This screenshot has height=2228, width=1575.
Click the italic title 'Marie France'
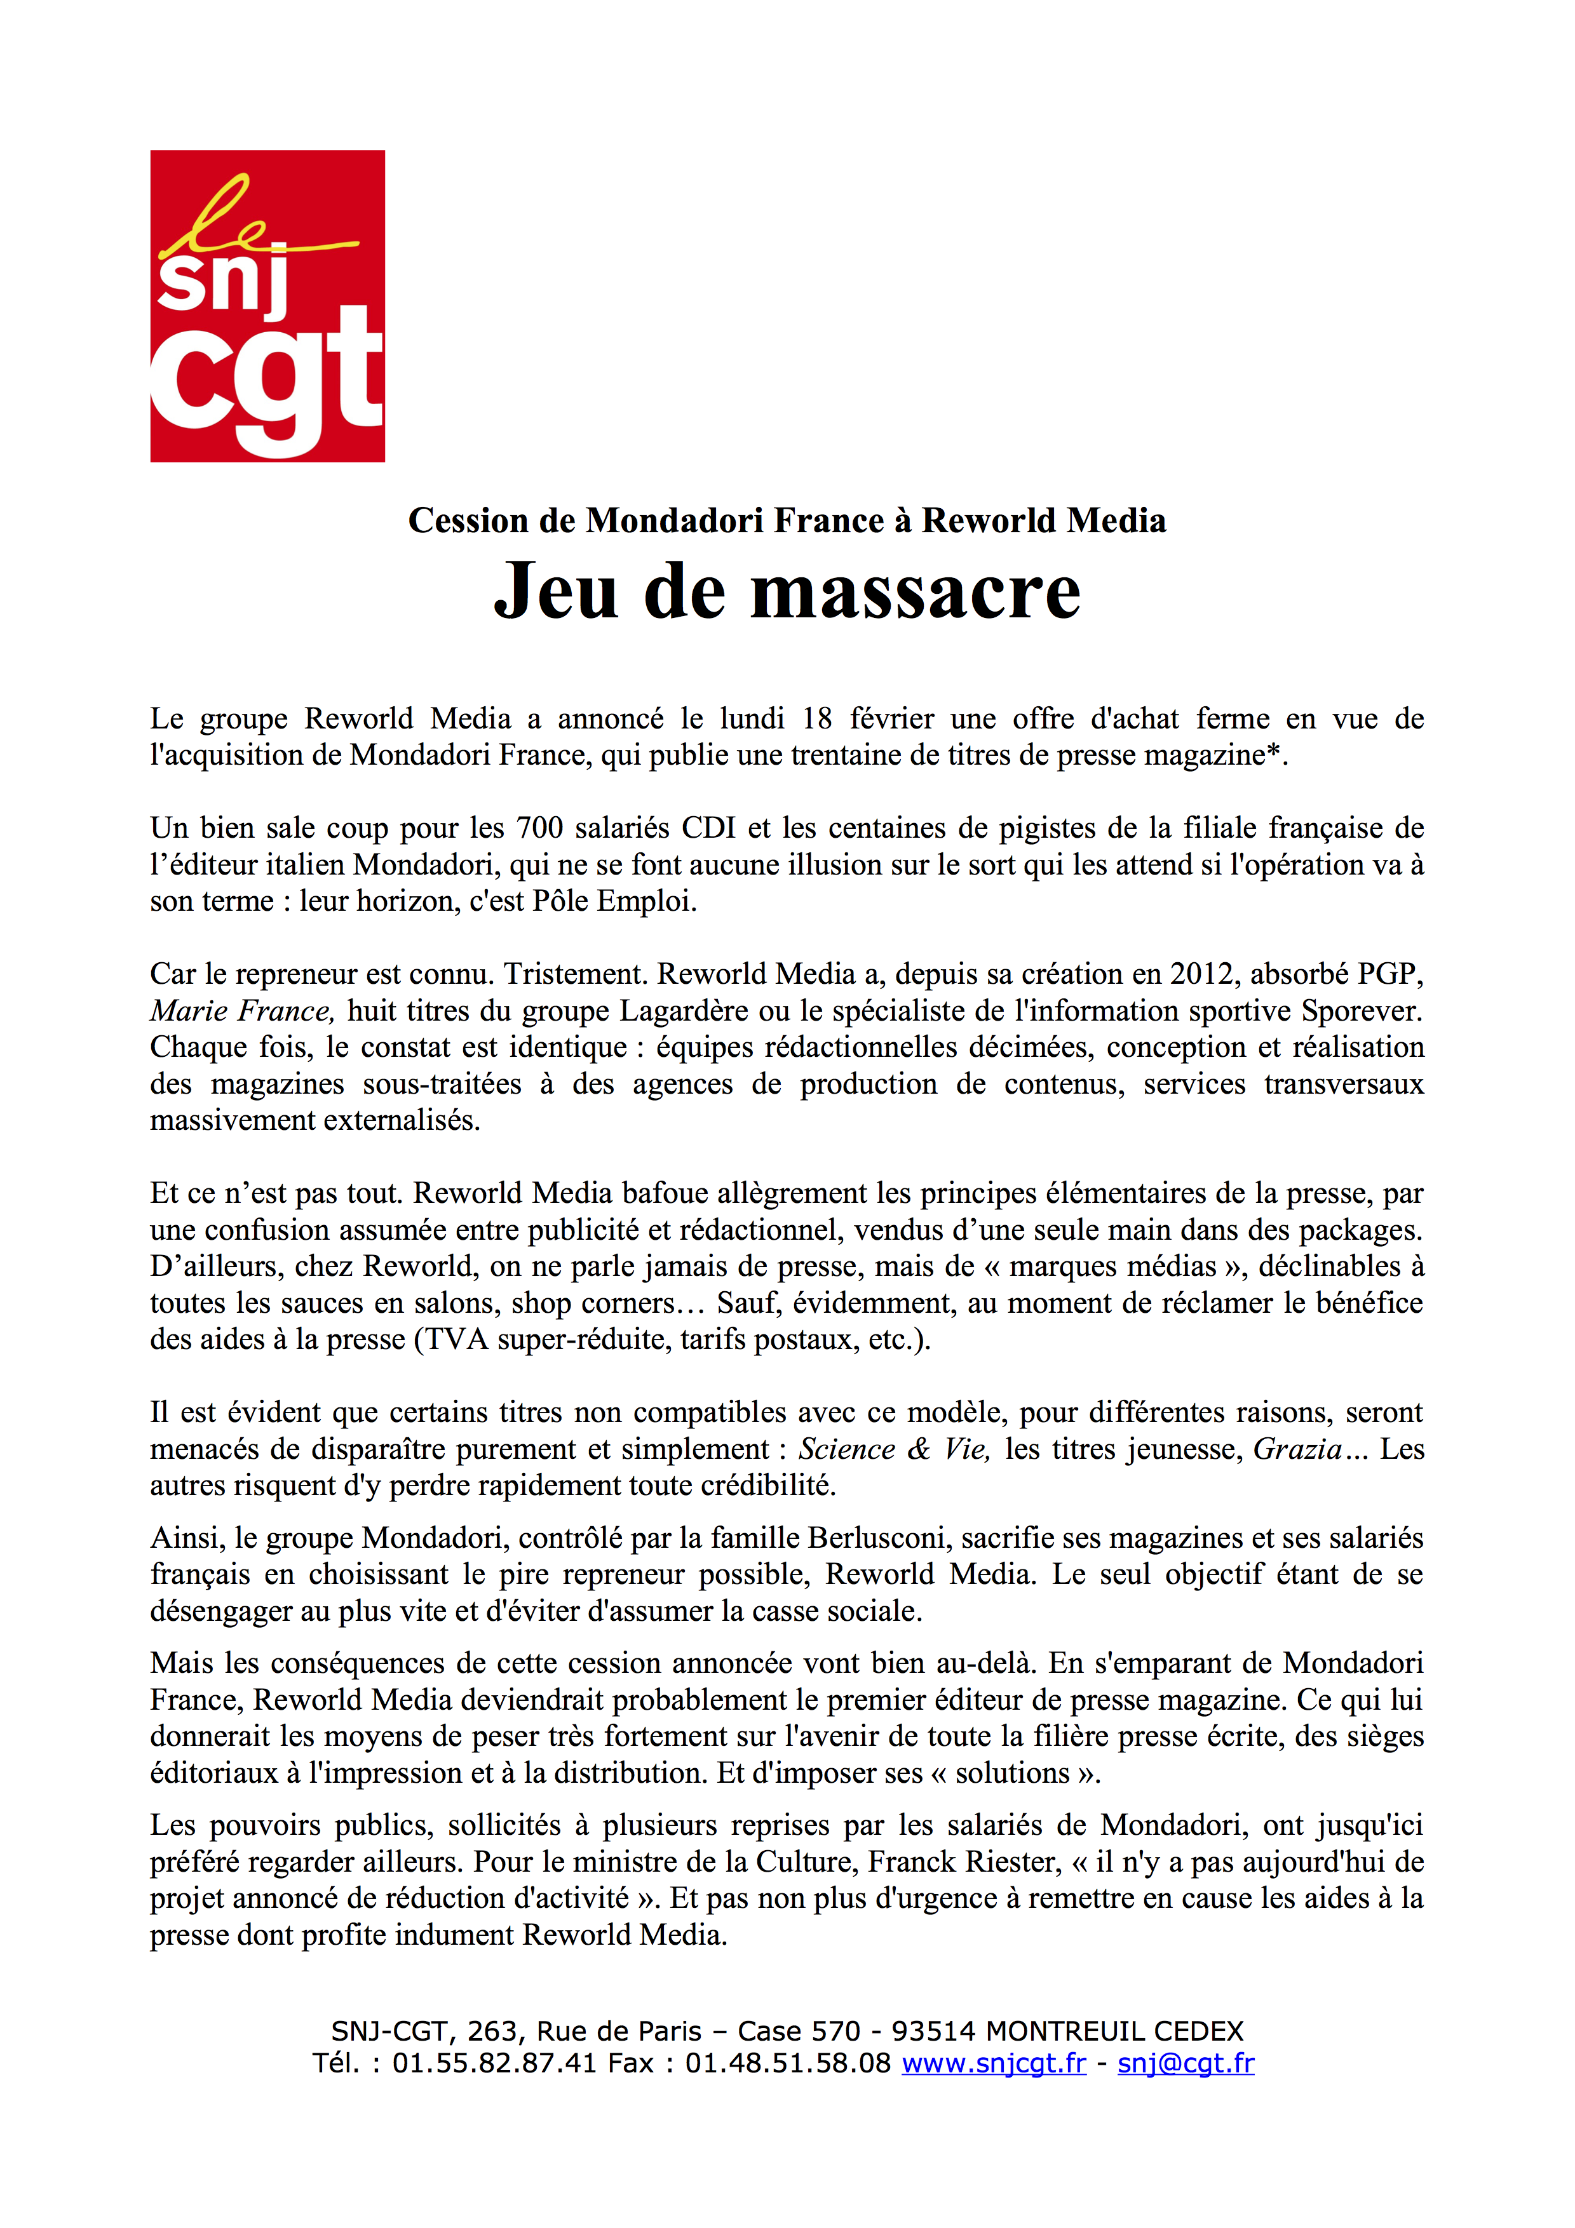coord(241,1011)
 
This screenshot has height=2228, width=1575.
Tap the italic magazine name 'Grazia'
coord(1297,1449)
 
